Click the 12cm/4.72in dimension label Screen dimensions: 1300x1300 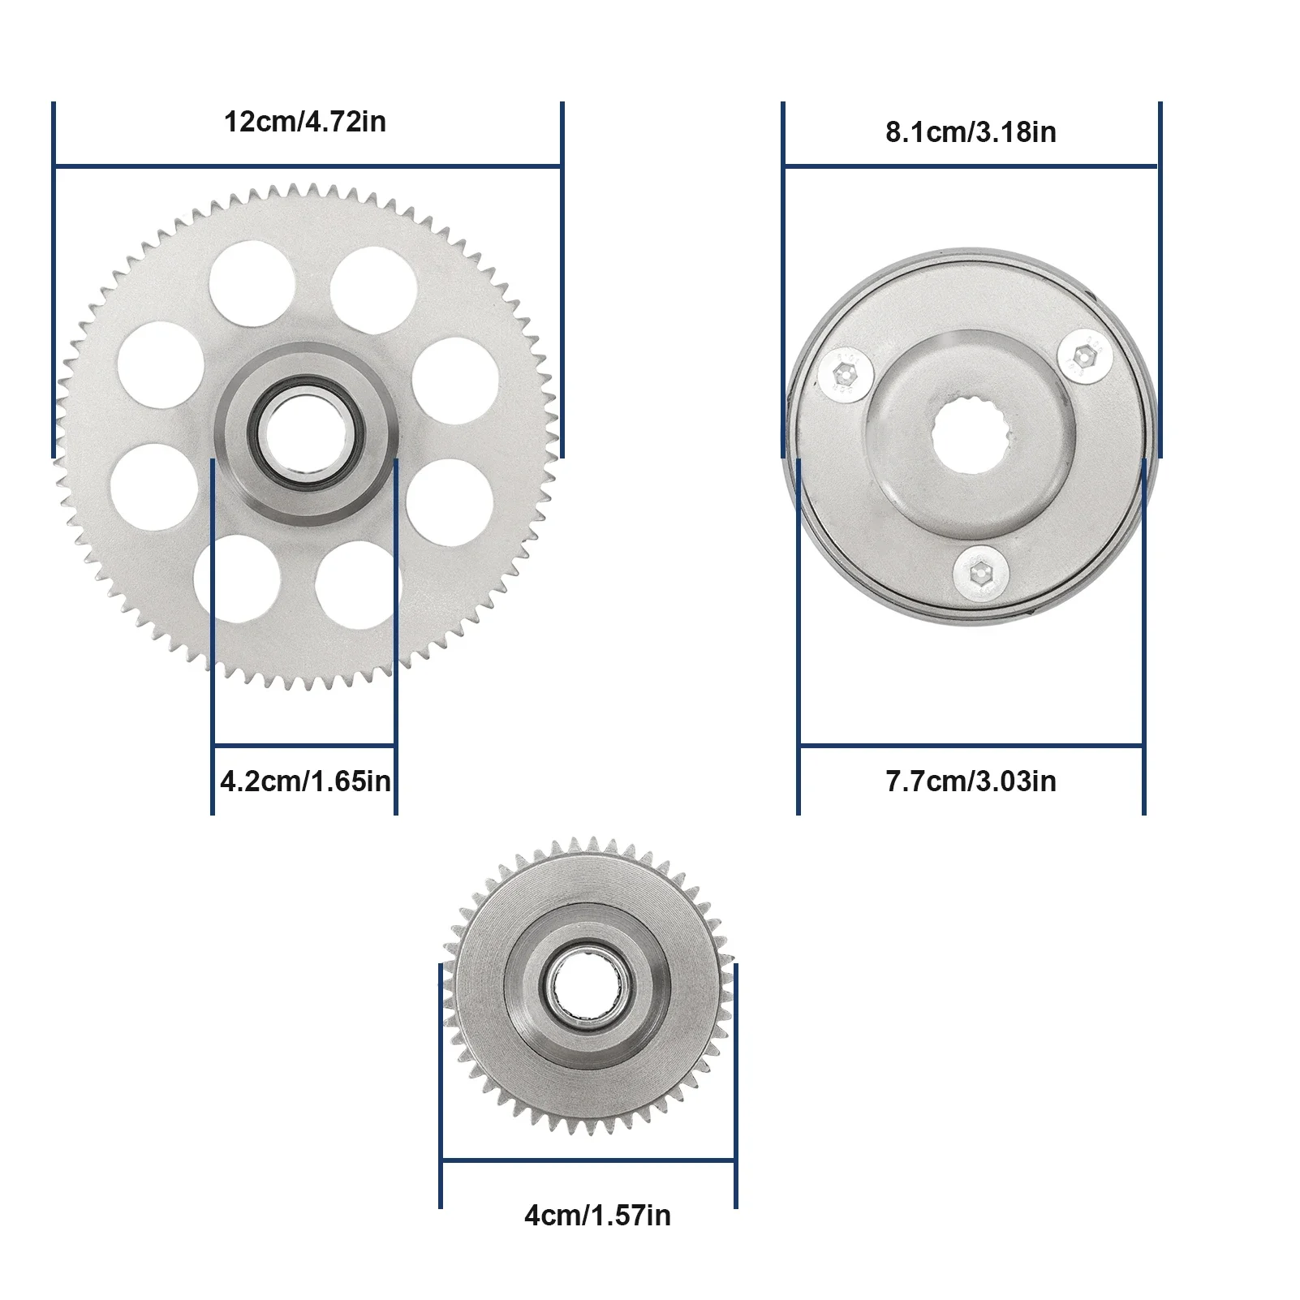[305, 123]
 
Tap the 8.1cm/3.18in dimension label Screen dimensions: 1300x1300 [971, 132]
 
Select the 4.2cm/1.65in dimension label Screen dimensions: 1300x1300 [305, 781]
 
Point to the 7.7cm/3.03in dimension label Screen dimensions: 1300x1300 [971, 781]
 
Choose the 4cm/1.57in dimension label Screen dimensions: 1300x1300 [597, 1216]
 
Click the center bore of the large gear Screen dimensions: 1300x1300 [305, 434]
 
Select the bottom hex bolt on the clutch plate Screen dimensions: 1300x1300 [981, 575]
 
